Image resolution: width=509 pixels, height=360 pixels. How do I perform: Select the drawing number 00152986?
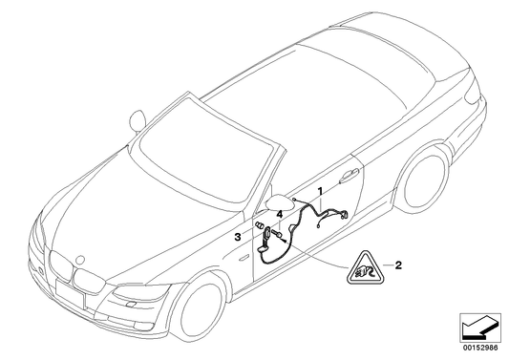click(480, 350)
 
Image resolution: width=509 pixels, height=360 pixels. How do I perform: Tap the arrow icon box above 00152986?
click(479, 330)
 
